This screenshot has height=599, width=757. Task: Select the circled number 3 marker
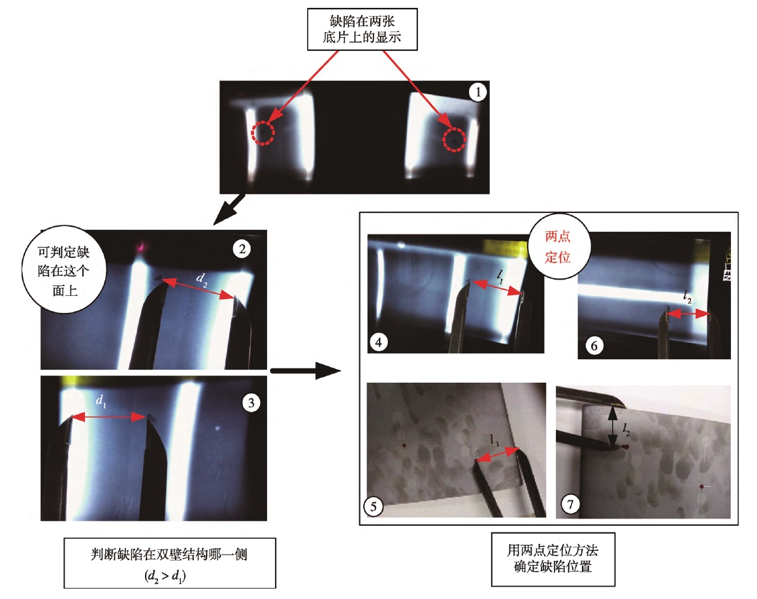click(251, 403)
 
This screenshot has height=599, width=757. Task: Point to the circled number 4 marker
click(378, 340)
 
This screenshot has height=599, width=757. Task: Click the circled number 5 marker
click(373, 505)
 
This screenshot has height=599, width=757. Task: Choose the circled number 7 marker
click(571, 504)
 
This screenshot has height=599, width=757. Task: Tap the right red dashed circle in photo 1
click(455, 139)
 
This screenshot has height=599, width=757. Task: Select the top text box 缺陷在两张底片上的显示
click(361, 30)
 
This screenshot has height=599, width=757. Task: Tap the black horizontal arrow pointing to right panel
click(305, 372)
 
